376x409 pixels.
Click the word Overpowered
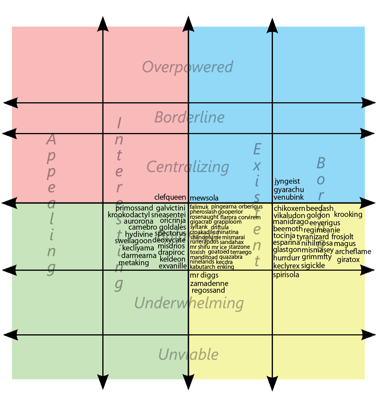click(x=187, y=67)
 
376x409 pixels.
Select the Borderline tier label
click(x=189, y=117)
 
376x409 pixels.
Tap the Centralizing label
click(x=188, y=167)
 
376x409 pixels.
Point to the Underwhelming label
click(x=189, y=304)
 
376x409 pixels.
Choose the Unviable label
click(x=188, y=354)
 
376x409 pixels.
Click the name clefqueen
click(x=170, y=197)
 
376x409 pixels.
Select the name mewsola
click(x=204, y=198)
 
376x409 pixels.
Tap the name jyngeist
click(x=287, y=181)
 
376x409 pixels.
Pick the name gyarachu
click(x=289, y=189)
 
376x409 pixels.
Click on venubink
click(x=288, y=197)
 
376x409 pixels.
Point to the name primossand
click(x=134, y=208)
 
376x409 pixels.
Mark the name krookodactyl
click(x=129, y=215)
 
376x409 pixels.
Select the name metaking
click(x=133, y=263)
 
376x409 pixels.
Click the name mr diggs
click(x=204, y=275)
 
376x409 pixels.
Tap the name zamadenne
click(x=209, y=284)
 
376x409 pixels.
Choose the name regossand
click(x=208, y=291)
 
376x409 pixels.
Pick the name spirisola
click(x=286, y=275)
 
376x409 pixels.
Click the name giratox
click(x=348, y=260)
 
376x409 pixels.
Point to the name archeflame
click(x=353, y=252)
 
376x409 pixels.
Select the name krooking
click(x=348, y=214)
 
